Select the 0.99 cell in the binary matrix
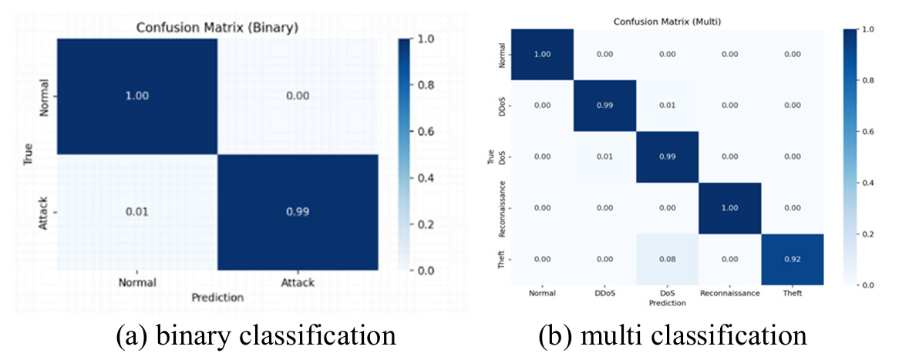pyautogui.click(x=298, y=210)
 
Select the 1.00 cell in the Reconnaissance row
pyautogui.click(x=730, y=208)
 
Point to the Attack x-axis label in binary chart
pyautogui.click(x=298, y=283)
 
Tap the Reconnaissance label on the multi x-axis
pyautogui.click(x=730, y=293)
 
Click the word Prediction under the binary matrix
pyautogui.click(x=218, y=297)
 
